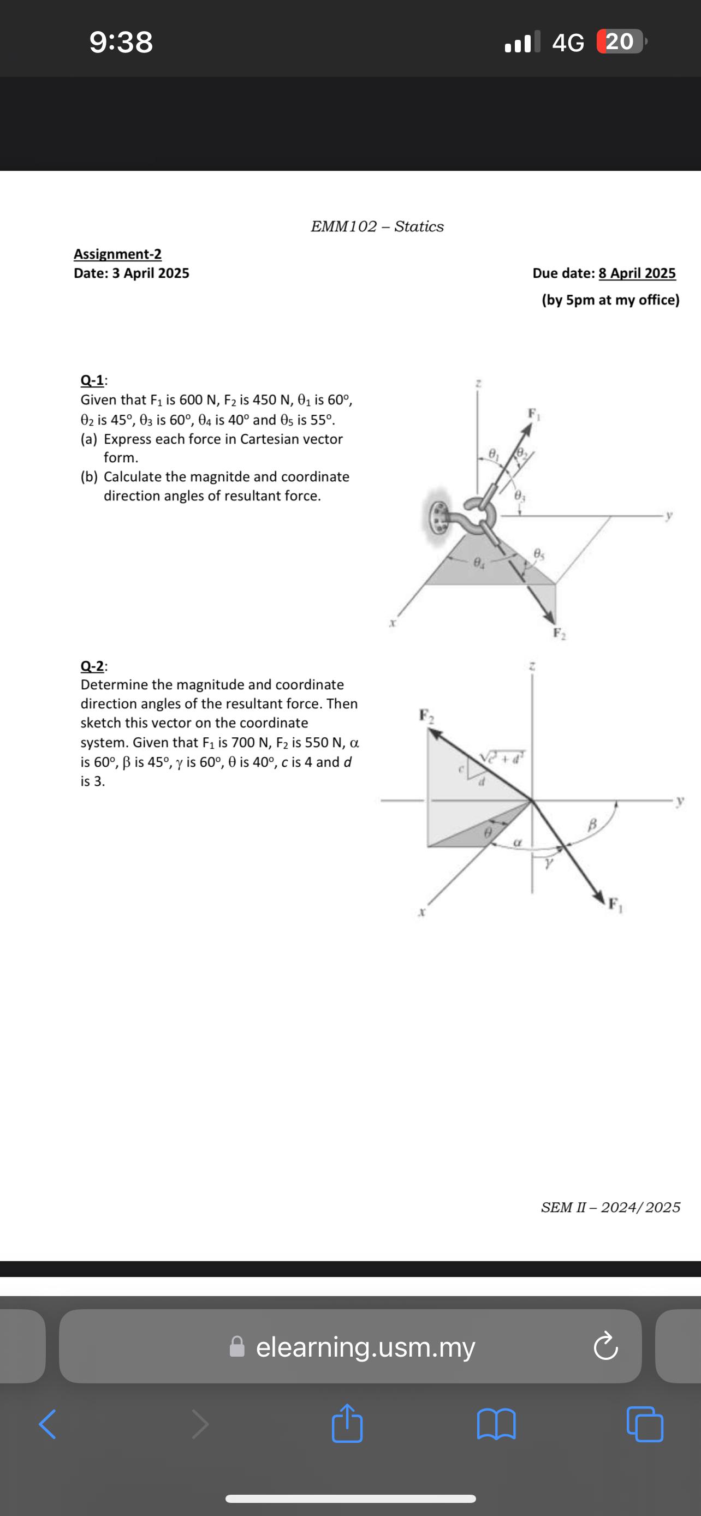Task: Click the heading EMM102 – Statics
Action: [377, 226]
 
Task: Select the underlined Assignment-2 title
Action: [118, 254]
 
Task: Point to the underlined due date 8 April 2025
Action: [637, 273]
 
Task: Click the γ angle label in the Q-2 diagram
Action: [549, 863]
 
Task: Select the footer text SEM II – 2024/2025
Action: [610, 1207]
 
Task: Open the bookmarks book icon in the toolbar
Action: [496, 1424]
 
